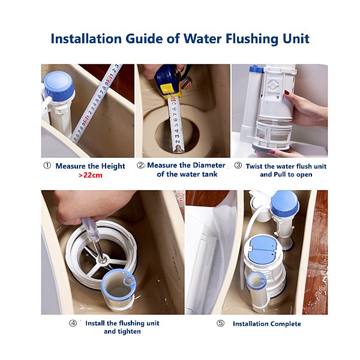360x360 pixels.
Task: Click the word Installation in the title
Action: [x=86, y=38]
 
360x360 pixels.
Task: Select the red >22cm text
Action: [x=90, y=175]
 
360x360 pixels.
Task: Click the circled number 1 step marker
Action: [x=47, y=166]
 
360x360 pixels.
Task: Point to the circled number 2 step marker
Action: [x=140, y=166]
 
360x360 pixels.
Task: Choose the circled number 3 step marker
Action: [x=238, y=166]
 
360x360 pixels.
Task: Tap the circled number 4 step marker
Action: [x=73, y=323]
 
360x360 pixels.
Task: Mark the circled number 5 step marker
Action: [x=220, y=323]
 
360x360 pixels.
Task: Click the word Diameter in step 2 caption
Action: [x=209, y=166]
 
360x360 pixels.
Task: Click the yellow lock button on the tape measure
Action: [x=168, y=89]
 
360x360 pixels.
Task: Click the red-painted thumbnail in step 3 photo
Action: [x=287, y=92]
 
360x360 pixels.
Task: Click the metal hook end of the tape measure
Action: [x=178, y=149]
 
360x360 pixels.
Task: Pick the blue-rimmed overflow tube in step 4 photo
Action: [x=118, y=289]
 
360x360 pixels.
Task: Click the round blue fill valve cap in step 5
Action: [x=284, y=203]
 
